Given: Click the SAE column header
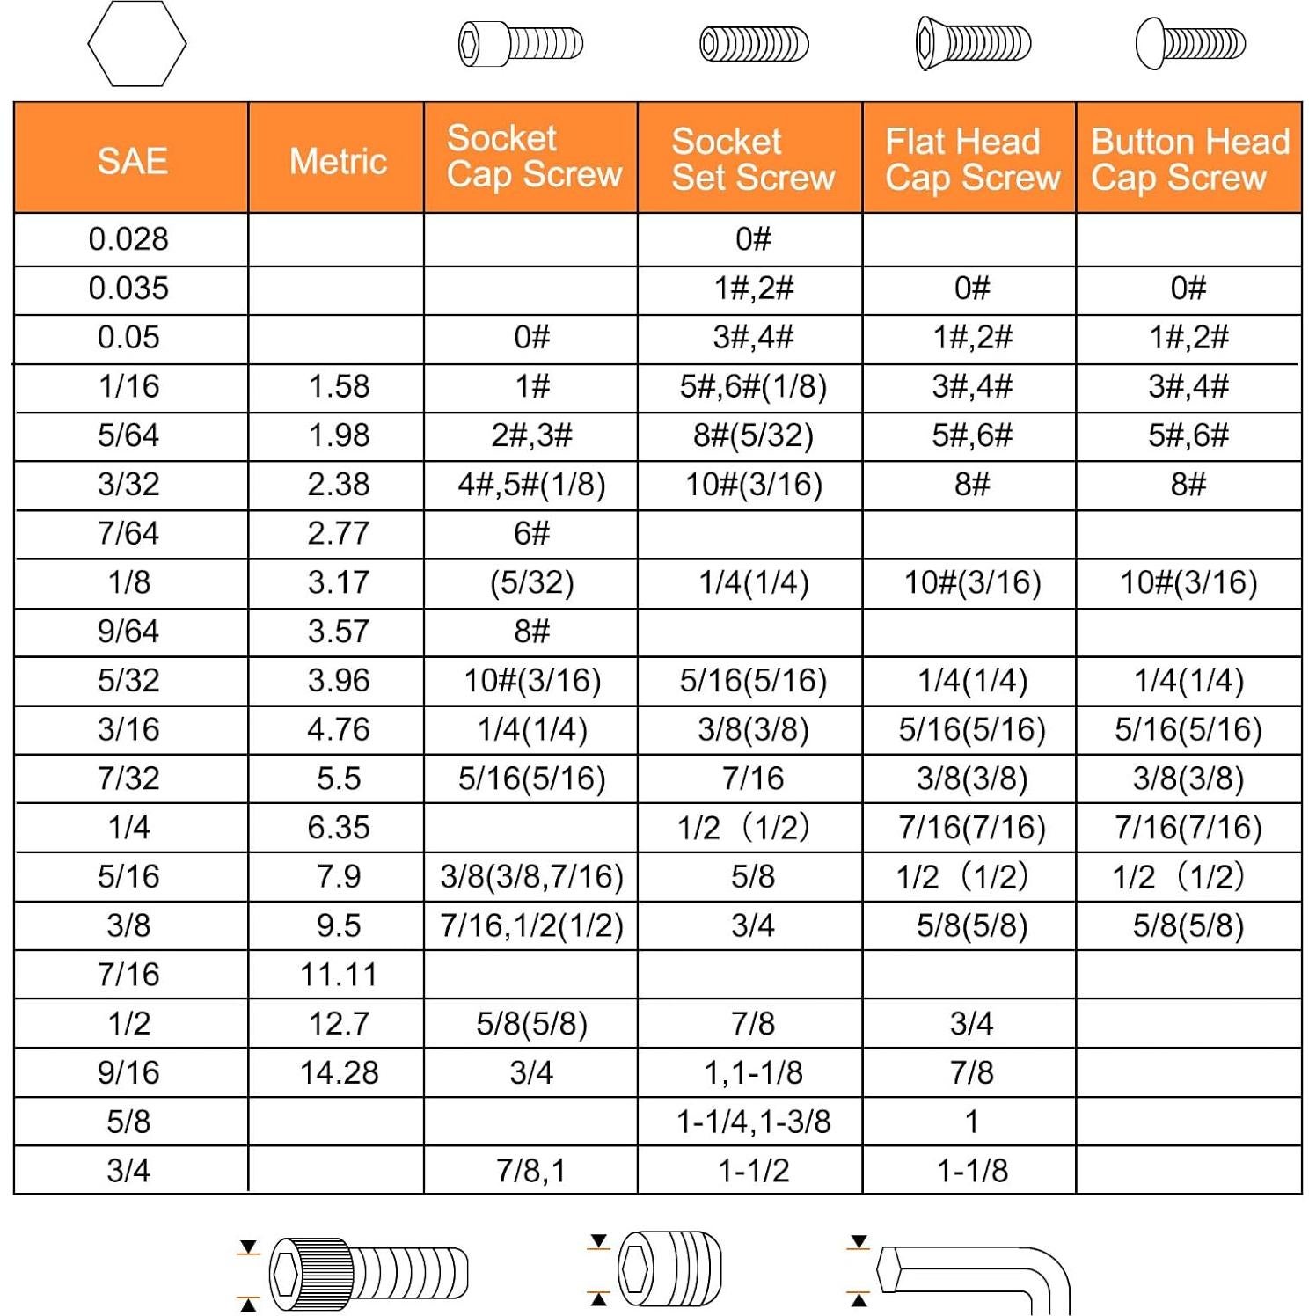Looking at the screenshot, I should pos(132,161).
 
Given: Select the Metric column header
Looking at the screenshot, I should pos(338,161).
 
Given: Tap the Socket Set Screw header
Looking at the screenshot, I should pos(752,159).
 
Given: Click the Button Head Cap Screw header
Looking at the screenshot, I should pos(1189,159).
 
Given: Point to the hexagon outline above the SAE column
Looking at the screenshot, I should pos(137,44).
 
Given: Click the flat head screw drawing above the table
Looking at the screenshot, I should pos(973,43).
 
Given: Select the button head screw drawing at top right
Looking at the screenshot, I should pos(1190,43).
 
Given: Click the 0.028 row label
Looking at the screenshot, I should pos(128,239).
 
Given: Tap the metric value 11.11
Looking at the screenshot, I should pos(339,975).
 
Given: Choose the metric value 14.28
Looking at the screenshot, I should pos(339,1073).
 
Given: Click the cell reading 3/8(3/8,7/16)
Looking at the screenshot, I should pos(531,877).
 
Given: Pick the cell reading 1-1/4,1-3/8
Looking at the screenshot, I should pos(753,1122).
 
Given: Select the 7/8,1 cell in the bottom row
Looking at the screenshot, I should pos(530,1171).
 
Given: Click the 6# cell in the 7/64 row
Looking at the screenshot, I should pos(531,533).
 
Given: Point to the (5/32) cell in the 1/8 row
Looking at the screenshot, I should pos(531,582).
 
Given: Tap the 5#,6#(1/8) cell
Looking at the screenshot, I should pos(753,386).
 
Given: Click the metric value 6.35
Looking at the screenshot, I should pos(339,828).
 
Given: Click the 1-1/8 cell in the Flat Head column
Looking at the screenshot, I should pos(972,1171).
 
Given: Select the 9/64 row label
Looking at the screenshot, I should pos(128,632).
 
